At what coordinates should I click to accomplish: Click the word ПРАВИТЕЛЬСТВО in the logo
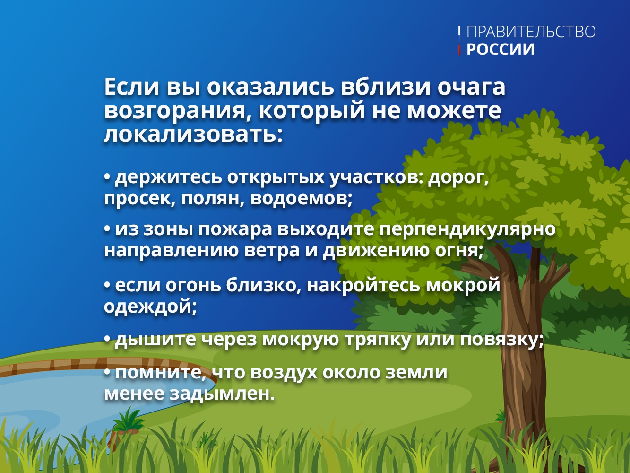coord(531,32)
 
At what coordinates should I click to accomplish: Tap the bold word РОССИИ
coord(501,49)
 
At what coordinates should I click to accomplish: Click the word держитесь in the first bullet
coord(168,178)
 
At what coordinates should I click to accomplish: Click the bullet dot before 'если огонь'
coord(107,286)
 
